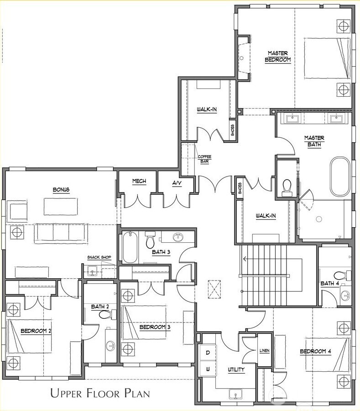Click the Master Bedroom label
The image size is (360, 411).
point(278,57)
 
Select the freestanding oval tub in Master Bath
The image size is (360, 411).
point(340,177)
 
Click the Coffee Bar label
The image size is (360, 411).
point(204,159)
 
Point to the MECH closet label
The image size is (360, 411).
point(139,181)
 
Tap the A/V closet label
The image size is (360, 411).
point(177,183)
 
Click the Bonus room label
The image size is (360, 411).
point(61,189)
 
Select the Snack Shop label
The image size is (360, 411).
point(99,257)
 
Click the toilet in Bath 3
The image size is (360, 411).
point(150,240)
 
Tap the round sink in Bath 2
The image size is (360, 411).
point(111,346)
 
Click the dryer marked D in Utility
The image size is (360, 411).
point(208,353)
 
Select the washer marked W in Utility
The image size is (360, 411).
point(208,369)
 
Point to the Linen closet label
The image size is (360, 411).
point(264,351)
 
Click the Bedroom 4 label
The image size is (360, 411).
point(315,351)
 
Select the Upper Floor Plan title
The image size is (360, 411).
point(100,393)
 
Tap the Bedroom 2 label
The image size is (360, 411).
point(36,331)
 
